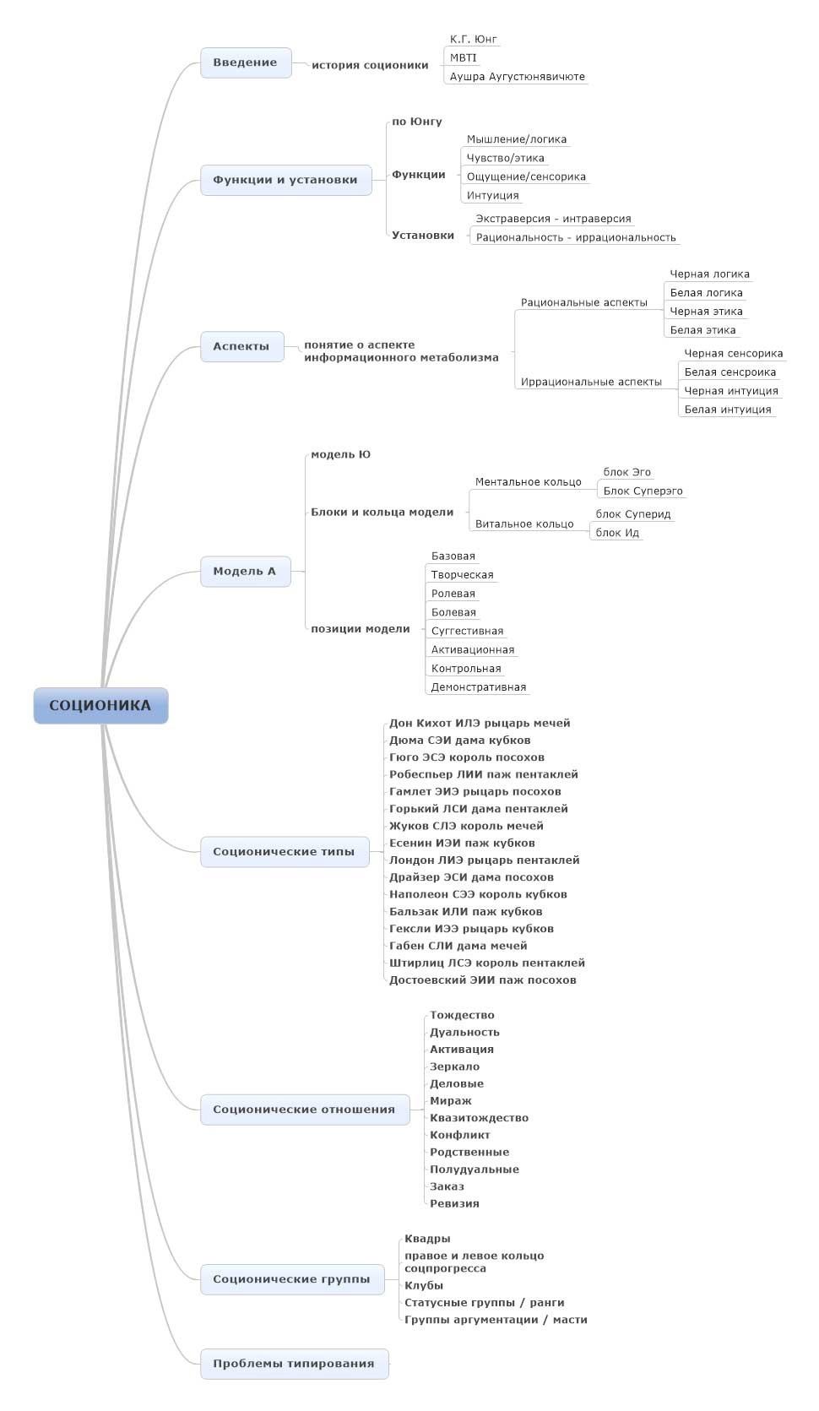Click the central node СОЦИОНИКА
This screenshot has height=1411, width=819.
pyautogui.click(x=100, y=706)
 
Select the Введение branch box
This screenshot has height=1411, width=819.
pyautogui.click(x=246, y=62)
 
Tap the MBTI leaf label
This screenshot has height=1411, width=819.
pyautogui.click(x=463, y=57)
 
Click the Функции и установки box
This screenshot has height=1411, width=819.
pyautogui.click(x=285, y=180)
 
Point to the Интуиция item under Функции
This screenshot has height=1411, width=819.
pyautogui.click(x=492, y=195)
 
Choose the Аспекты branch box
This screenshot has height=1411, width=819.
pyautogui.click(x=241, y=346)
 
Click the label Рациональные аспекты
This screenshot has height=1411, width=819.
pyautogui.click(x=583, y=302)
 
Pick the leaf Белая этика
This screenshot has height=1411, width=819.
pyautogui.click(x=702, y=330)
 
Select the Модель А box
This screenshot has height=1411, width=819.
pyautogui.click(x=245, y=572)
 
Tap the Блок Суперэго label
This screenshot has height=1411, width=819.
pyautogui.click(x=643, y=491)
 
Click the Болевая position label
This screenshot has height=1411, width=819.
pyautogui.click(x=453, y=612)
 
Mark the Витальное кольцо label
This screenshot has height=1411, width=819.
pyautogui.click(x=524, y=524)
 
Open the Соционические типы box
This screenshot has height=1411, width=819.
pyautogui.click(x=285, y=852)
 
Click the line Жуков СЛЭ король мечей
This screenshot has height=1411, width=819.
pyautogui.click(x=466, y=826)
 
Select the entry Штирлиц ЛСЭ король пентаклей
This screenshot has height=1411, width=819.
pyautogui.click(x=486, y=963)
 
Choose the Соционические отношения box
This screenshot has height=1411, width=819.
pyautogui.click(x=304, y=1110)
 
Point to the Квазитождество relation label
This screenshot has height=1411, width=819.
pyautogui.click(x=479, y=1118)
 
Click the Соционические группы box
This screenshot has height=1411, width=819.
pyautogui.click(x=291, y=1279)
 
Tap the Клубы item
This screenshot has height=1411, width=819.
pyautogui.click(x=423, y=1285)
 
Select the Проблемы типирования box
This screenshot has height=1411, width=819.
pyautogui.click(x=294, y=1364)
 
